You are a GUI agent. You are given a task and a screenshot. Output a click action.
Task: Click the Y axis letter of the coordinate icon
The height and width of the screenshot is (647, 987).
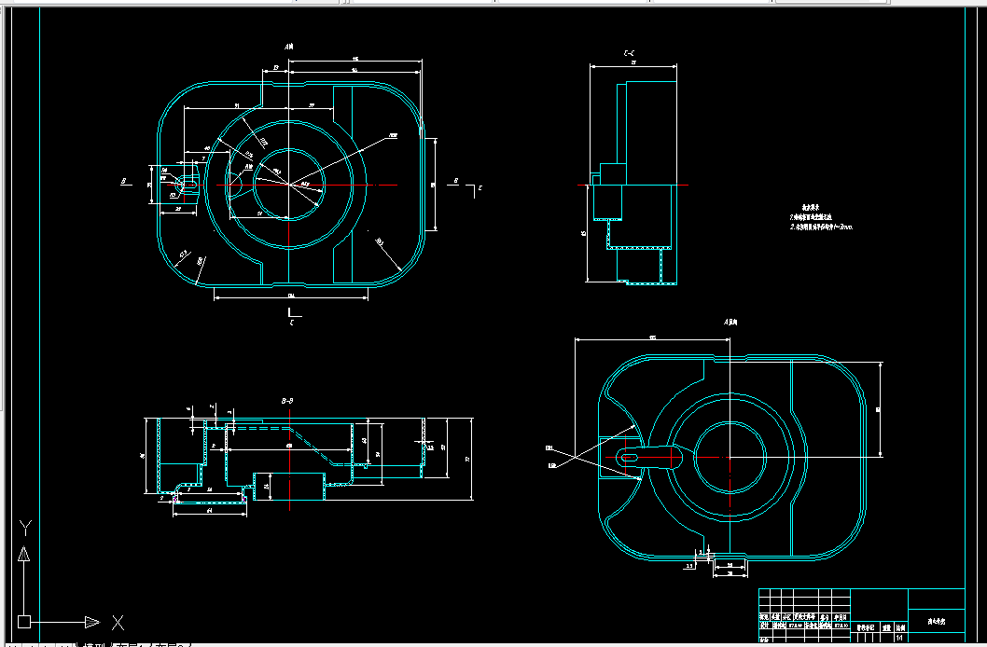26,528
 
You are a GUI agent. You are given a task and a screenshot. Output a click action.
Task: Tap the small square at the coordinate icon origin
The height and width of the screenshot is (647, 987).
24,621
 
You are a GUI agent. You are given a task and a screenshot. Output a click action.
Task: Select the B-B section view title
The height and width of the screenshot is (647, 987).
287,400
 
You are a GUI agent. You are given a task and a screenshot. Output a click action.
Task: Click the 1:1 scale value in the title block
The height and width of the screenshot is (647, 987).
899,639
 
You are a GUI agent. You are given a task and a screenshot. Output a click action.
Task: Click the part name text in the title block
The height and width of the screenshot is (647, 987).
936,621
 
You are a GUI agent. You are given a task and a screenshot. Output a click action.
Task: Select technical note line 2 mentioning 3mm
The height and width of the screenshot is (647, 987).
821,227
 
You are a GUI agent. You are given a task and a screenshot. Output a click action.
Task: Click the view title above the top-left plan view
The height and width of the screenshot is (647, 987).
290,46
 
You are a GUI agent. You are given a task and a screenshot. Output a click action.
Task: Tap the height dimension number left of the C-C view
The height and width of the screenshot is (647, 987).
583,233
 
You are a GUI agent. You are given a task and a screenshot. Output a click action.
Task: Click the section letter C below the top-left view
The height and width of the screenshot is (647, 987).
292,322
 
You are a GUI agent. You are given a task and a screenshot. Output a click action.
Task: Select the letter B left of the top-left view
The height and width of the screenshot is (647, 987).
123,182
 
